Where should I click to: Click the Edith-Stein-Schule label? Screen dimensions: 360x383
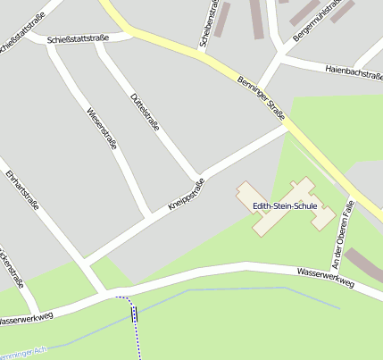[284, 205]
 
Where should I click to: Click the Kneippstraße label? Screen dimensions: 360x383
[186, 196]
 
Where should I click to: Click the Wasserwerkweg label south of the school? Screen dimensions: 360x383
[326, 277]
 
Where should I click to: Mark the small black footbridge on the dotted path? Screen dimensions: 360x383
[135, 313]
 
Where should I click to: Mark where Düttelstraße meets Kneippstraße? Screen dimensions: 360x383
[199, 175]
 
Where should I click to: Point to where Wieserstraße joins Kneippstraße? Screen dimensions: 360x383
[151, 215]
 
